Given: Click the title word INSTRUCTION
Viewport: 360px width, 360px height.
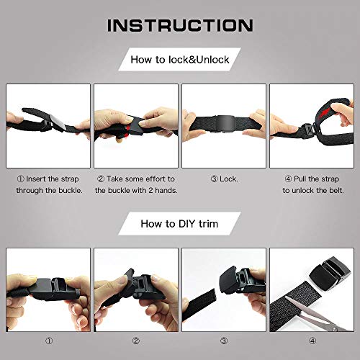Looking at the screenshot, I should [180, 25].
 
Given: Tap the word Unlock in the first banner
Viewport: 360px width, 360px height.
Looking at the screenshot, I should [210, 60].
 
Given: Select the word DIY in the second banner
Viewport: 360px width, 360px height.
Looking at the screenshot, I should [181, 224].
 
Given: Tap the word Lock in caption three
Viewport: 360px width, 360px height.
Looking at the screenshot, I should [228, 179].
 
